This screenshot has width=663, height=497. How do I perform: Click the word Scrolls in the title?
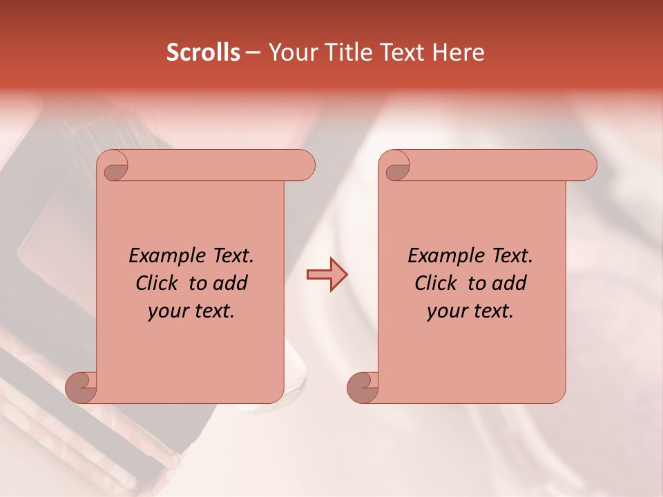(x=204, y=52)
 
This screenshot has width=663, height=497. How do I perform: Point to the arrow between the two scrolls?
(x=327, y=275)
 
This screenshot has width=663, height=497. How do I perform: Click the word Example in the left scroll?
(x=166, y=256)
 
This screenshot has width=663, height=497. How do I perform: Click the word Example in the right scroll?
(x=445, y=256)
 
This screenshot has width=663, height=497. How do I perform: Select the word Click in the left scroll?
(x=158, y=283)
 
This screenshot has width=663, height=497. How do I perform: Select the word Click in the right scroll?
(x=437, y=283)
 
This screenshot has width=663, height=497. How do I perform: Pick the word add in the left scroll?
(x=231, y=283)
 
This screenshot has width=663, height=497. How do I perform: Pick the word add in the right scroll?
(x=510, y=283)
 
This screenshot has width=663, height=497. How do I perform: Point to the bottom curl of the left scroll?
(x=81, y=387)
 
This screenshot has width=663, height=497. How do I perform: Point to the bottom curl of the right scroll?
(x=362, y=387)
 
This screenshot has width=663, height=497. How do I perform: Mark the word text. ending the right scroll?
(x=492, y=311)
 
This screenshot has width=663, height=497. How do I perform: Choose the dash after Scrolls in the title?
(x=253, y=52)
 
